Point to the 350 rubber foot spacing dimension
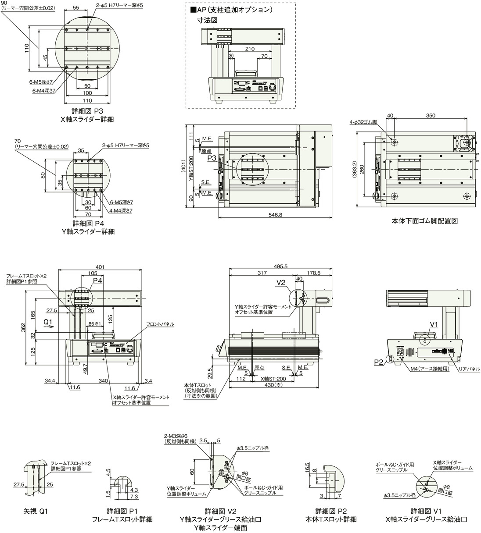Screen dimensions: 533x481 pyautogui.click(x=430, y=116)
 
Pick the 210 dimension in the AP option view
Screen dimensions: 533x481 pyautogui.click(x=249, y=49)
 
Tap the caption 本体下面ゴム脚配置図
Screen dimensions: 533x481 pyautogui.click(x=424, y=221)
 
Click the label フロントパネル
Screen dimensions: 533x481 pyautogui.click(x=161, y=324)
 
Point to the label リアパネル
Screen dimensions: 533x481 pyautogui.click(x=468, y=369)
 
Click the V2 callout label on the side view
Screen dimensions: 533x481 pyautogui.click(x=281, y=283)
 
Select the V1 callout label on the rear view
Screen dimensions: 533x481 pyautogui.click(x=434, y=324)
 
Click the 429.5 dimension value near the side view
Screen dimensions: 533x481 pyautogui.click(x=211, y=373)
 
